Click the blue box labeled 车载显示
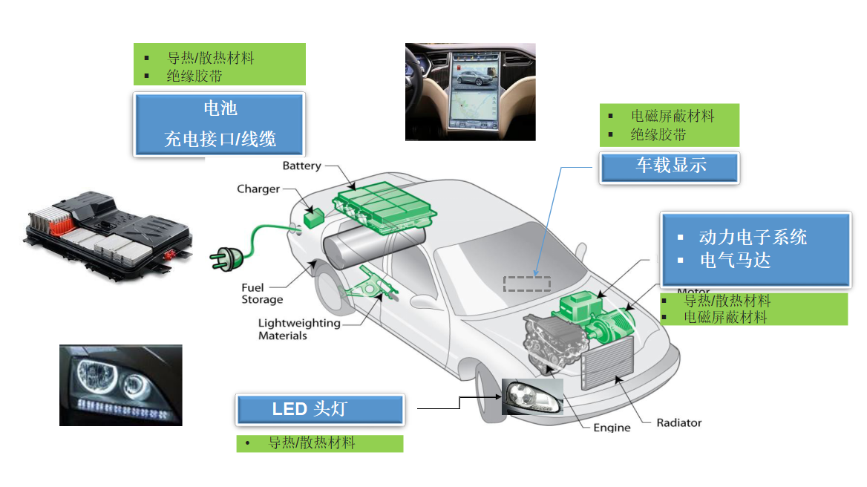click(x=670, y=166)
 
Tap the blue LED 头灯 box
click(x=320, y=409)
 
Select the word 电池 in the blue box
click(x=220, y=109)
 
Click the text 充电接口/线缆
click(x=220, y=139)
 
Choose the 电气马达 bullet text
click(x=735, y=261)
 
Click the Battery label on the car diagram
click(x=301, y=166)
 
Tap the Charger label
click(x=258, y=189)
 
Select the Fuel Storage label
click(x=261, y=294)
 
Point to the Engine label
click(x=612, y=428)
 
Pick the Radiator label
click(x=678, y=423)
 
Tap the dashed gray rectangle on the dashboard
click(x=527, y=284)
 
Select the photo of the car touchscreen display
click(x=470, y=91)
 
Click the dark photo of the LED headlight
click(x=120, y=385)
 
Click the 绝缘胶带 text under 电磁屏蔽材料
click(x=658, y=135)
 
